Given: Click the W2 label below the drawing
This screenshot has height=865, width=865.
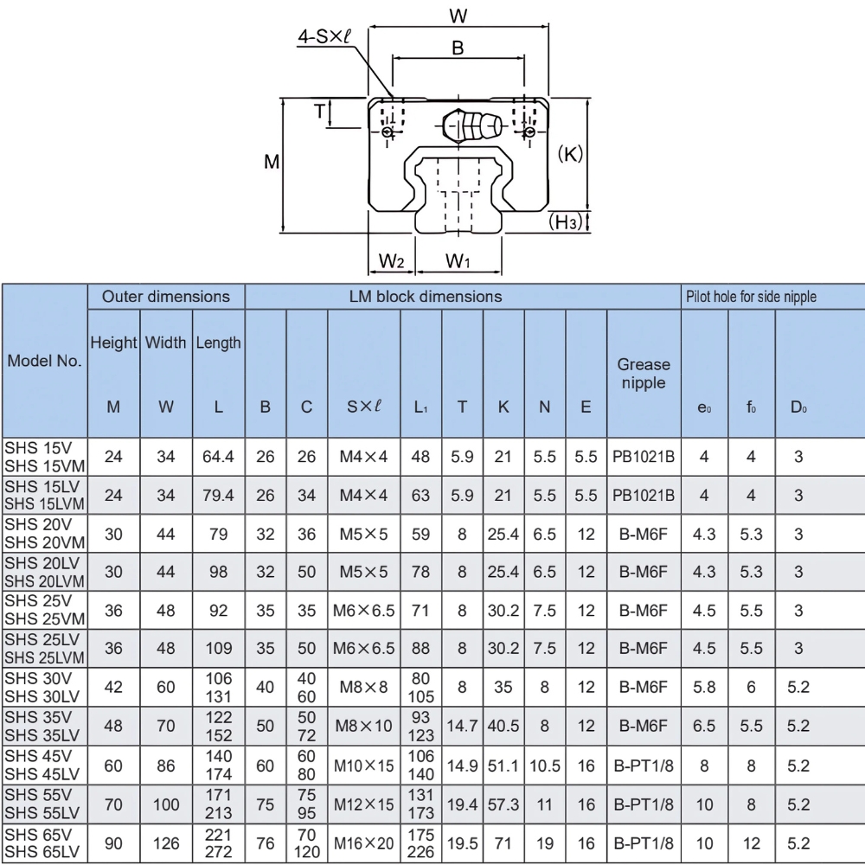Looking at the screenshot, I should pyautogui.click(x=392, y=260).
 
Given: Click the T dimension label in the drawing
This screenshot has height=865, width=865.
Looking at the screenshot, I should pyautogui.click(x=319, y=111).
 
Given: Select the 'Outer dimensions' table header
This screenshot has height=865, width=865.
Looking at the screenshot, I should pyautogui.click(x=166, y=296).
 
